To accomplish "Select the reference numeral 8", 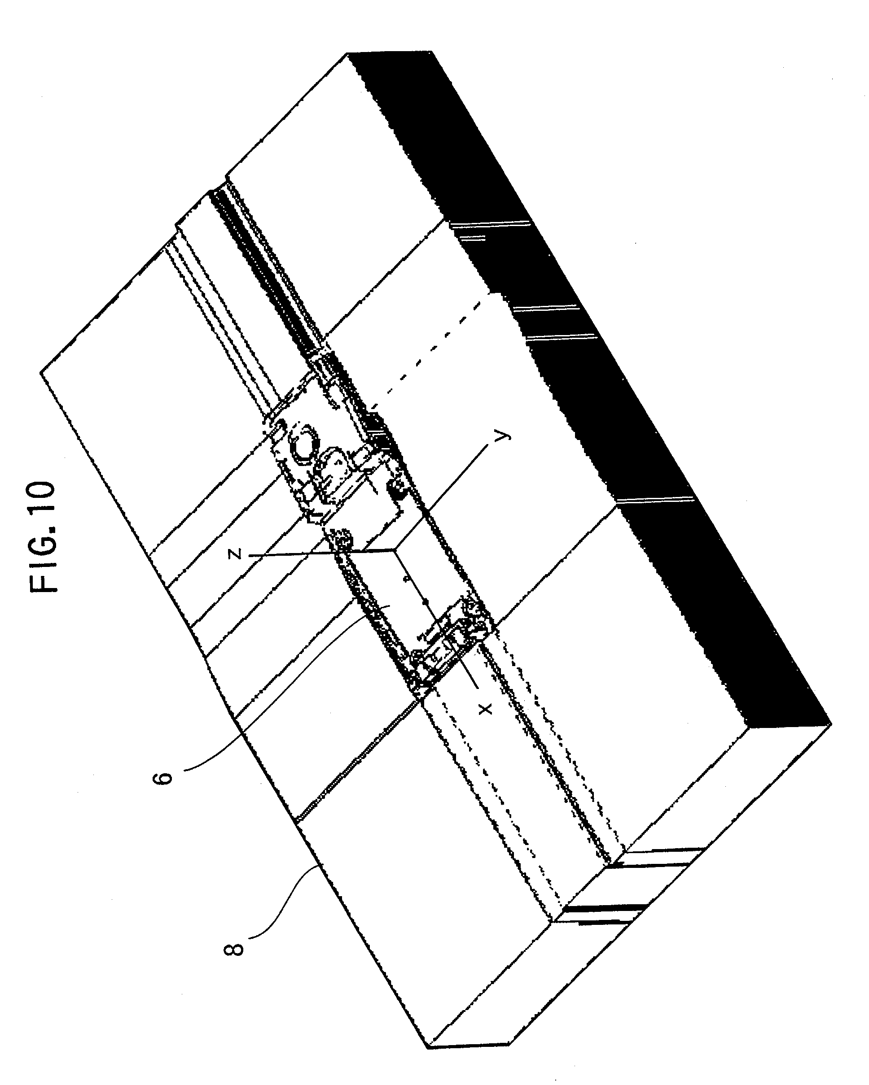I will [x=233, y=949].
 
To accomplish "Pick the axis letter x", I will [x=484, y=710].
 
